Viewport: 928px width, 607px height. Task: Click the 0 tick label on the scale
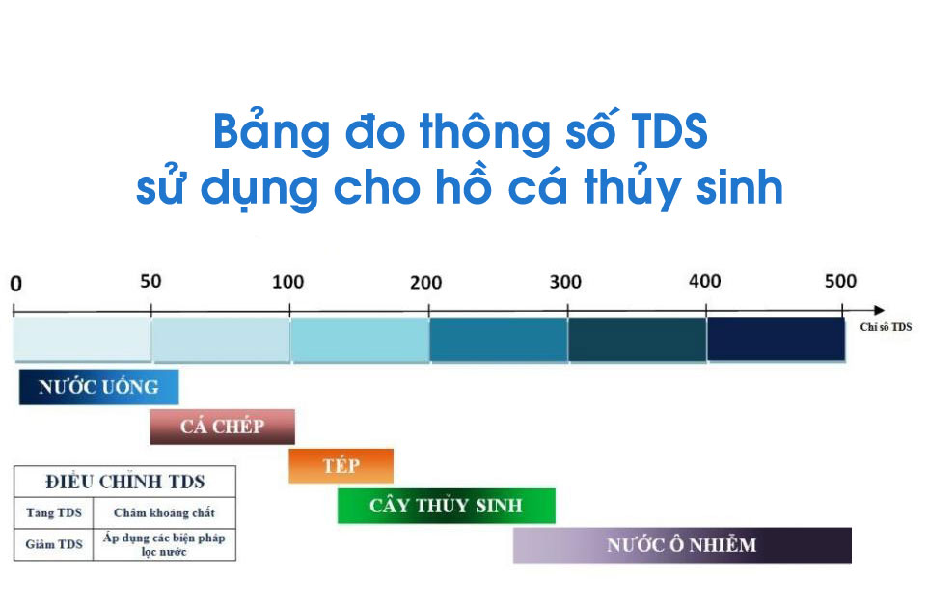(x=16, y=284)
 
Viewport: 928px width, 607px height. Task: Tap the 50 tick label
(x=150, y=281)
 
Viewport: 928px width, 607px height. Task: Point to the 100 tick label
(x=288, y=282)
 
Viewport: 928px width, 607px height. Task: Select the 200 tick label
(x=426, y=283)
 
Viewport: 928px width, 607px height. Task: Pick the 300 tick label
(x=565, y=282)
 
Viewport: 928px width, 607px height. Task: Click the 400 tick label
(x=705, y=281)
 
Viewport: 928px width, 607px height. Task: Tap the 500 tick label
(x=841, y=281)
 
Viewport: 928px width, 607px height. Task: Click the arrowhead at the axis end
(x=880, y=310)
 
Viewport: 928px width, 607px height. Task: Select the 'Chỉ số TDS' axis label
(x=886, y=327)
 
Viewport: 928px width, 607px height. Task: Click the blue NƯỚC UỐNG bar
(x=98, y=387)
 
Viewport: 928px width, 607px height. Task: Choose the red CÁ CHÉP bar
(x=223, y=427)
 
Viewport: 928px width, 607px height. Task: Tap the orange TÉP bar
(x=341, y=466)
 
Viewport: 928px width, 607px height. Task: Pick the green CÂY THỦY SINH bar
(x=447, y=506)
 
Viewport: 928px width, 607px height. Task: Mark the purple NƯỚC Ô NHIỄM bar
(x=682, y=545)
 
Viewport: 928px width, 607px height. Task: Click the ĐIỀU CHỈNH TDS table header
(x=124, y=482)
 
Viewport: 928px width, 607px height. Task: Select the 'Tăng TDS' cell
(x=54, y=512)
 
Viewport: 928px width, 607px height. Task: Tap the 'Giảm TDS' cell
(x=54, y=544)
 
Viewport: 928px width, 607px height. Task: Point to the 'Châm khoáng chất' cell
(x=165, y=512)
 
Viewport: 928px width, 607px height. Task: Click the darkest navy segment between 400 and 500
(x=776, y=340)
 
